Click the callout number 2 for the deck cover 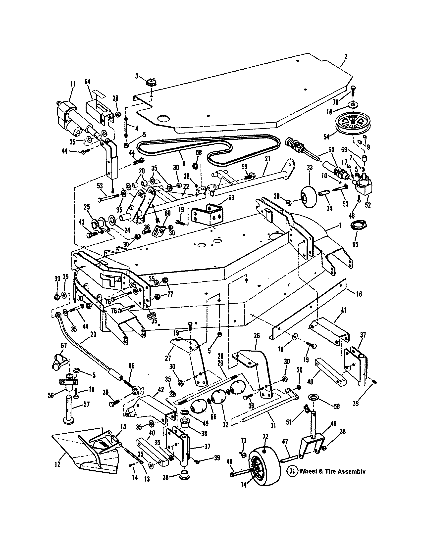346,57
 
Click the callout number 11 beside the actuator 73,84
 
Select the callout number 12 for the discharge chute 57,464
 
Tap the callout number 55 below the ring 355,244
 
